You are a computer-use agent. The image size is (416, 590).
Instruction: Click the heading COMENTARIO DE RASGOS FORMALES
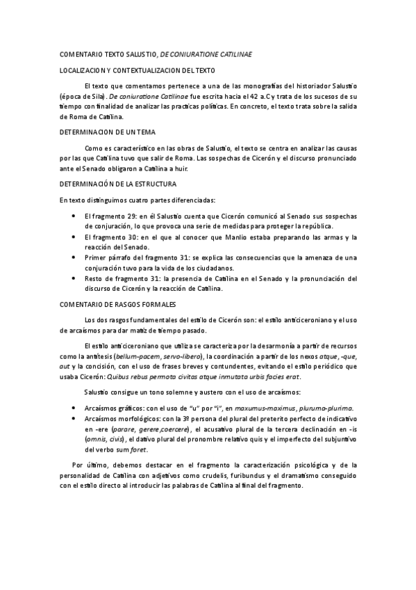119,304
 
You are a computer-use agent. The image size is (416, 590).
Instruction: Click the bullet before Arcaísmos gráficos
74,408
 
